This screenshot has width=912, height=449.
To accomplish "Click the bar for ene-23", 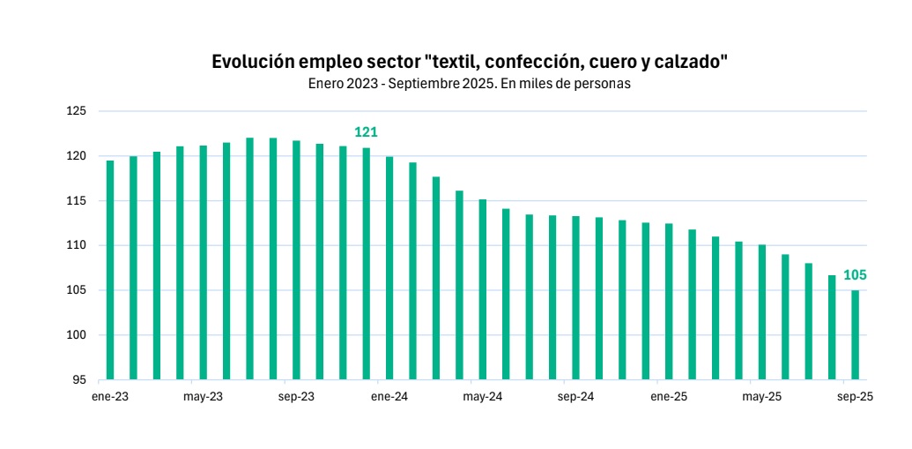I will coord(110,270).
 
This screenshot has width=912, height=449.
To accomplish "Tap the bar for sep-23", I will coord(296,260).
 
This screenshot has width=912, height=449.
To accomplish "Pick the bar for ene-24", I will coord(389,268).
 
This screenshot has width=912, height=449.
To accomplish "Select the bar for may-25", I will coord(762,312).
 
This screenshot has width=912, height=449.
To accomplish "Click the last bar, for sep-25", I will coord(855,335).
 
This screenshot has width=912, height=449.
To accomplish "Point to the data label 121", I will coord(366,132).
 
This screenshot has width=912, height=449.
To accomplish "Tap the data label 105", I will coord(855,275).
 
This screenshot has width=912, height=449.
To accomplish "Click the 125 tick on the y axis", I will coord(76,111).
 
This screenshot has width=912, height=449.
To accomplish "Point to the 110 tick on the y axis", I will coord(76,245).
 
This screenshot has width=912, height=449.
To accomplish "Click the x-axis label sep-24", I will coord(575,397).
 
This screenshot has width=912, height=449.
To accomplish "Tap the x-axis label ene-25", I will coord(669,397).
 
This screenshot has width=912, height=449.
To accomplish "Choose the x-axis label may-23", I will coord(204,397).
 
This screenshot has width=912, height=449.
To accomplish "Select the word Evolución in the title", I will coord(252,63).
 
